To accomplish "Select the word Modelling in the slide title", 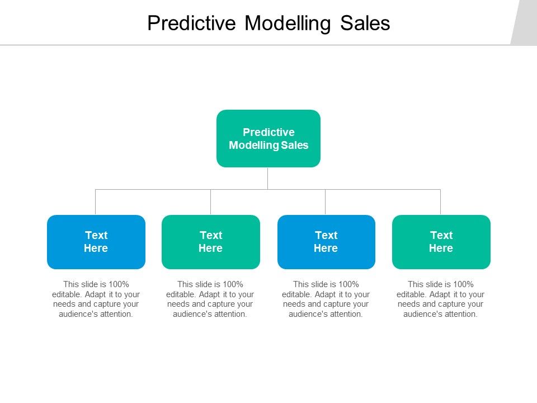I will [288, 24].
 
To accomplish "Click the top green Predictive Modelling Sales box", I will [268, 138].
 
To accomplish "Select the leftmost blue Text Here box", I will [96, 242].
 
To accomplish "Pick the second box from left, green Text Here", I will [211, 242].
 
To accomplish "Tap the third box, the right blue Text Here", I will [326, 242].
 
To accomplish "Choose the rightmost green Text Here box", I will [441, 242].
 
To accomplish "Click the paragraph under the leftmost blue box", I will [96, 299].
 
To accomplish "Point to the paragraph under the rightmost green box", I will [441, 299].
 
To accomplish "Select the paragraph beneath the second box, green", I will [210, 299].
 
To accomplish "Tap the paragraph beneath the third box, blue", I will [326, 299].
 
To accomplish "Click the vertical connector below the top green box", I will [268, 178].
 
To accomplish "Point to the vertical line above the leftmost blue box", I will [96, 202].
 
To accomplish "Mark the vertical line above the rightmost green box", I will [441, 202].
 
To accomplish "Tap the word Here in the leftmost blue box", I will [96, 249].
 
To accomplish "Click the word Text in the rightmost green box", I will [441, 235].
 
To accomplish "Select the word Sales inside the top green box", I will [295, 145].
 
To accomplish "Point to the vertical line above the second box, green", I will [211, 202].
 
